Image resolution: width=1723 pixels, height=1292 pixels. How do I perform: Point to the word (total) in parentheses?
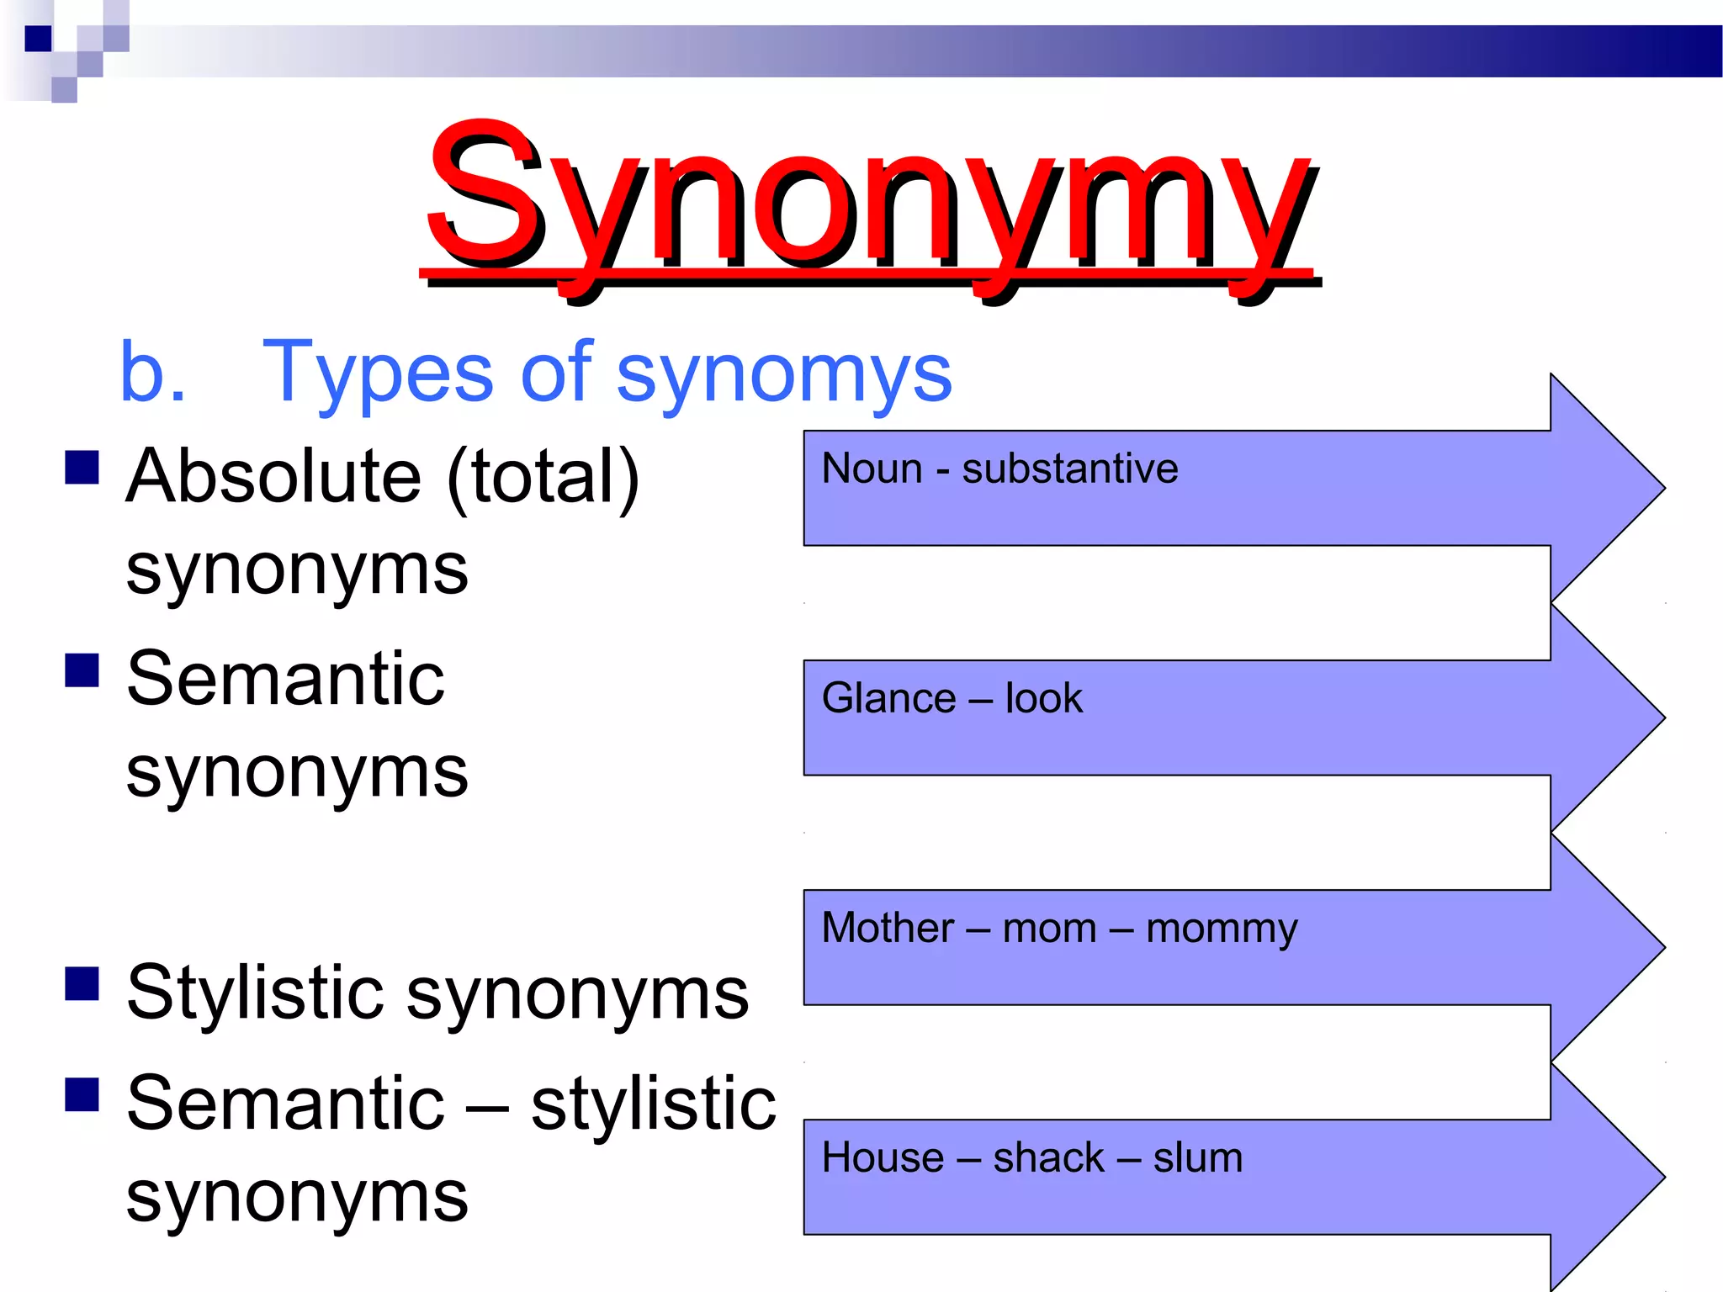[x=543, y=478]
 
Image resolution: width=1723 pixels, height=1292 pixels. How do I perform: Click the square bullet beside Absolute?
[x=82, y=468]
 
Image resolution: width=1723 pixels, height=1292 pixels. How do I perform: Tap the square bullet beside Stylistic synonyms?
[x=82, y=983]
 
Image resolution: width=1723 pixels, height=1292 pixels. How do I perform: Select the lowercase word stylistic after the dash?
[x=654, y=1104]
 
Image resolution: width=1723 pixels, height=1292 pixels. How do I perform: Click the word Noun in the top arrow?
[x=872, y=469]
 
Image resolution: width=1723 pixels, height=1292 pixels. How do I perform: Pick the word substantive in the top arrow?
[x=1069, y=469]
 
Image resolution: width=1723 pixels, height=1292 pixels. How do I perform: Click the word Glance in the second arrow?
[x=888, y=698]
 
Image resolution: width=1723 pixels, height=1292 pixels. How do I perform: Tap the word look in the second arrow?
[x=1043, y=698]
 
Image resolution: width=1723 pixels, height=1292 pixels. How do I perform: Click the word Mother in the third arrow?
[x=888, y=928]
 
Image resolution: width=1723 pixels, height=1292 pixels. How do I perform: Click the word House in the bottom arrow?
[x=883, y=1157]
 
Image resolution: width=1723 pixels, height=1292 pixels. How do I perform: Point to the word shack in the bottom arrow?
[x=1048, y=1157]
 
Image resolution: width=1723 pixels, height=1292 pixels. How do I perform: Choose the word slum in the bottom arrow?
[x=1197, y=1157]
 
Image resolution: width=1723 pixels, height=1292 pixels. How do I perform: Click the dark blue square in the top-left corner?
[x=38, y=39]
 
